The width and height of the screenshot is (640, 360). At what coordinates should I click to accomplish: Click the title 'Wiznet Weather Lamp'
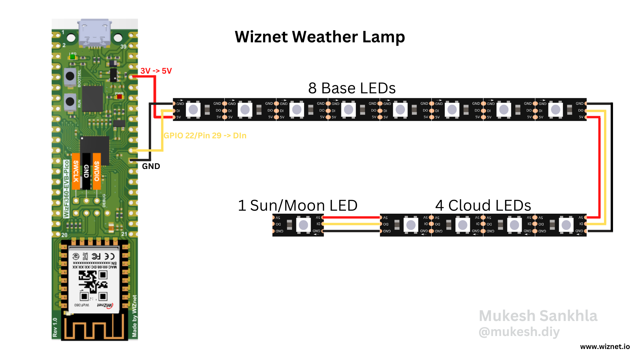point(320,37)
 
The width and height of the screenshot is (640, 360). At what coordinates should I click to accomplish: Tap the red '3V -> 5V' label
point(156,71)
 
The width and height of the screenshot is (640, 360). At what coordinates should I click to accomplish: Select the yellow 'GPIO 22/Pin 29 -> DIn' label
point(205,136)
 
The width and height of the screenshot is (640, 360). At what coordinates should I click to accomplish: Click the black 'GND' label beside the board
point(151,166)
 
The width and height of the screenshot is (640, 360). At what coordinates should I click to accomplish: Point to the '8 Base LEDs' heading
point(352,88)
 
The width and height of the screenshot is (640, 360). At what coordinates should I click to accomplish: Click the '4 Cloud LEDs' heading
point(483,205)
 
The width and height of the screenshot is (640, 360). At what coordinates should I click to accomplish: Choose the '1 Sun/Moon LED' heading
point(297,205)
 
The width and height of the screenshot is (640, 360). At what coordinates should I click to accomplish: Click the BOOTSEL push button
point(70,76)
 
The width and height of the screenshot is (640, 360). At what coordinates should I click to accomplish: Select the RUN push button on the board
point(70,101)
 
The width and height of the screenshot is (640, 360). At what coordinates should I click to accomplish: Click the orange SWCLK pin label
point(76,171)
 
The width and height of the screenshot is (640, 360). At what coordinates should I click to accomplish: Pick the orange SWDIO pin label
point(97,171)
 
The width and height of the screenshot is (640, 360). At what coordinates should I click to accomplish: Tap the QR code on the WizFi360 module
point(93,285)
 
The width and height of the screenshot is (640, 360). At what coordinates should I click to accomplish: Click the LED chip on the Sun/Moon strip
point(303,225)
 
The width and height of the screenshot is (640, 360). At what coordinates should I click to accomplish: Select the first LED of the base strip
point(193,110)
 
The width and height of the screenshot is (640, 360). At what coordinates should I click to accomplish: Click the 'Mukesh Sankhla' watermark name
point(538,316)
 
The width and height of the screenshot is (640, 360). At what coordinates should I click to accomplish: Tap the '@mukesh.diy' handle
point(519,332)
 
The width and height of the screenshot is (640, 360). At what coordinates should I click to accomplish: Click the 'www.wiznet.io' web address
point(605,347)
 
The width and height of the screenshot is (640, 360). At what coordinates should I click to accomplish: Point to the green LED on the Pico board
point(72,57)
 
